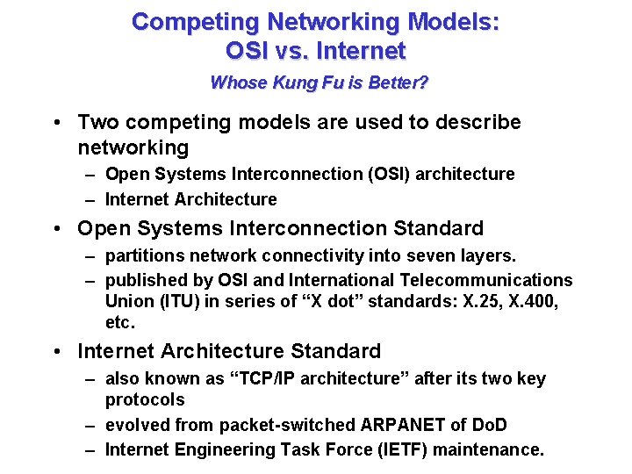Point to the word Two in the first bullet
pos(97,122)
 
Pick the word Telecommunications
pos(485,280)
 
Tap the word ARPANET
pos(403,425)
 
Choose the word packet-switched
pos(287,425)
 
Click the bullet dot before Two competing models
pos(55,123)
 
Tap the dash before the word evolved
pos(90,425)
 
